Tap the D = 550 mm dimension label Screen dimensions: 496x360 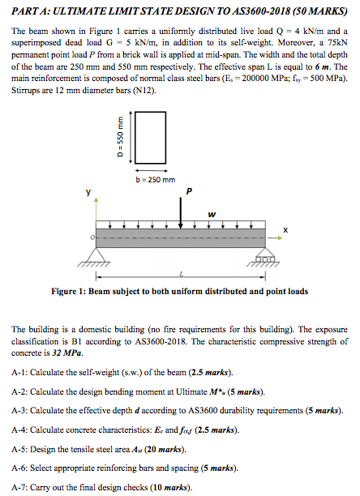coord(124,142)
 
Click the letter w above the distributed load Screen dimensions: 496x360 coord(212,214)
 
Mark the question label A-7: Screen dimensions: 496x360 coord(21,487)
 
